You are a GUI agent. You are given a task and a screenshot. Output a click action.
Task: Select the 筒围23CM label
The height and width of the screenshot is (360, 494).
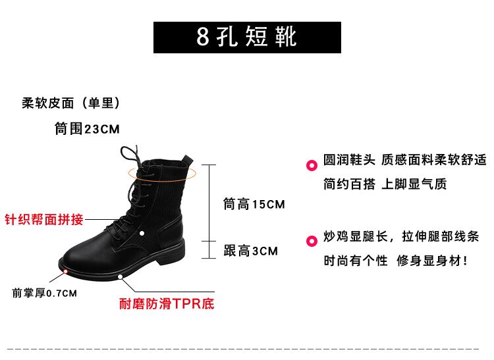click(87, 129)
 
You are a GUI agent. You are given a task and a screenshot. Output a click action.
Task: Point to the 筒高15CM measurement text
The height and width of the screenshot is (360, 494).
click(254, 205)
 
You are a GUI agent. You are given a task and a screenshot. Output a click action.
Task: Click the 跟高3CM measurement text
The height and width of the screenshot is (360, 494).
click(250, 251)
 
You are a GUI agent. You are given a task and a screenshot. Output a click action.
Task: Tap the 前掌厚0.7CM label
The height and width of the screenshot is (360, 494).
click(45, 293)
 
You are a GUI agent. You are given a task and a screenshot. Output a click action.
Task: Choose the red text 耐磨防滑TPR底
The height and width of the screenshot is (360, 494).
click(167, 304)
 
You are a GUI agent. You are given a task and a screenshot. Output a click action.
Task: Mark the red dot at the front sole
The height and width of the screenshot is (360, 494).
click(65, 270)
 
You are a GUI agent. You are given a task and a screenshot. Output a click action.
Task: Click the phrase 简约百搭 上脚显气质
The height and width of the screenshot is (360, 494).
click(385, 184)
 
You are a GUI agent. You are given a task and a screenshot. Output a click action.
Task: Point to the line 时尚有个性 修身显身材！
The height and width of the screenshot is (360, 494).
click(396, 261)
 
